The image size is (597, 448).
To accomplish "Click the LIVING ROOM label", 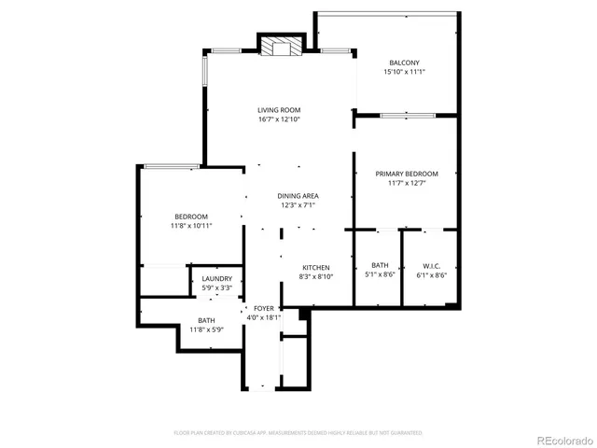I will click(279, 110).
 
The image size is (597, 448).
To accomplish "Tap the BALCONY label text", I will click(404, 63).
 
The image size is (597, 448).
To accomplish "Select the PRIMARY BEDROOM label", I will click(407, 174).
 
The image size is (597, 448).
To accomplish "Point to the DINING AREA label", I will click(298, 196).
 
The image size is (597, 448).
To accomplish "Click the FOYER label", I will click(263, 307).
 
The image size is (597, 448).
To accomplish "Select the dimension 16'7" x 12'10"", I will click(279, 119).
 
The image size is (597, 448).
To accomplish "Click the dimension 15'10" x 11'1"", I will click(404, 72).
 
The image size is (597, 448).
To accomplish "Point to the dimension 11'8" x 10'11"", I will click(190, 226).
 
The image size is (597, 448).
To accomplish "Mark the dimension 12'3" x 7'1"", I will click(298, 205).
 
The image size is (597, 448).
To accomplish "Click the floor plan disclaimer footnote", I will click(298, 433).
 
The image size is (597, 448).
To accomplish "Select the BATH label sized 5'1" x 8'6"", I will click(380, 265).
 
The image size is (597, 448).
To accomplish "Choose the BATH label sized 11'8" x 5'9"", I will click(205, 320).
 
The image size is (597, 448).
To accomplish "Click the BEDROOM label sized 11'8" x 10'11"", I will click(190, 217).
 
